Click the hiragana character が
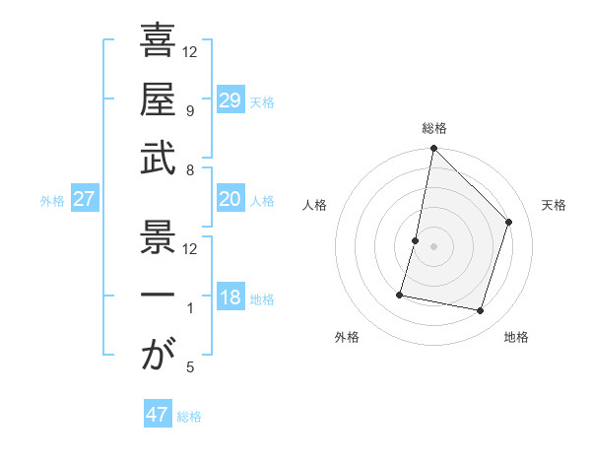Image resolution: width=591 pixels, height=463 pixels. click(158, 355)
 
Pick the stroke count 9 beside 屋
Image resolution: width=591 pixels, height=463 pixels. click(189, 110)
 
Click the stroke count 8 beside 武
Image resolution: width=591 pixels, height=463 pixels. click(189, 170)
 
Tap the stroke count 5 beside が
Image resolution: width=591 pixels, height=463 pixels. click(189, 367)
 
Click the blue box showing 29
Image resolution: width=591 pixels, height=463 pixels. click(230, 99)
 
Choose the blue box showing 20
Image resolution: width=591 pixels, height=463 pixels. click(230, 199)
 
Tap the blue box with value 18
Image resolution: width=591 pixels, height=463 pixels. click(230, 298)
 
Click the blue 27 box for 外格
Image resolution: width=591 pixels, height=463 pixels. click(85, 199)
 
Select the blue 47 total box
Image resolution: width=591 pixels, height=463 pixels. click(158, 415)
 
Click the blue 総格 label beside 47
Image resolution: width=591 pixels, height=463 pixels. click(189, 417)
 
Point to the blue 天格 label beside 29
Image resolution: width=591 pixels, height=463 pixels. click(262, 101)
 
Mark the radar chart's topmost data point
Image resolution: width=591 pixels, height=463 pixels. click(433, 149)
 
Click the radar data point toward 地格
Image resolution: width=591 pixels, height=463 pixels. click(480, 311)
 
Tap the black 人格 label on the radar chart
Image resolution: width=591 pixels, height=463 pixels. click(315, 205)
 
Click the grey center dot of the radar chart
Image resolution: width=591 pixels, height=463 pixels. click(433, 246)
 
